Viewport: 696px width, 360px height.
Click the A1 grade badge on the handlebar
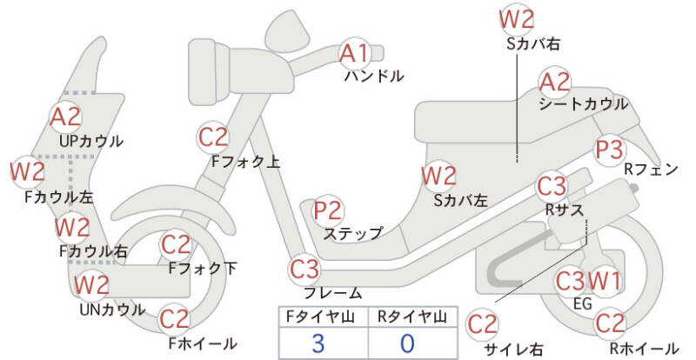[355, 53]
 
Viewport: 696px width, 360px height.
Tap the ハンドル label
[374, 77]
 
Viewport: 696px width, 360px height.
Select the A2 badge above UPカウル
[66, 117]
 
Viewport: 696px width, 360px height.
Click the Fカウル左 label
[59, 197]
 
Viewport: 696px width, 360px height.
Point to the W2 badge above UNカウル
[91, 285]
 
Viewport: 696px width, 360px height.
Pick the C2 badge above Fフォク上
[213, 137]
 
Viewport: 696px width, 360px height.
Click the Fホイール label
[203, 343]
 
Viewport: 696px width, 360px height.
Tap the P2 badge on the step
[328, 210]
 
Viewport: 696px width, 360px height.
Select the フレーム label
[333, 293]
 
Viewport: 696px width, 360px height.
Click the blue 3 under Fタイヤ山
[318, 343]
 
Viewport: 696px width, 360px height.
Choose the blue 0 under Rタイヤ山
[407, 343]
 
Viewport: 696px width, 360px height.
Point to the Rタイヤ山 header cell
[412, 317]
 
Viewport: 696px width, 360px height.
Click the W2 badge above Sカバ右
[516, 19]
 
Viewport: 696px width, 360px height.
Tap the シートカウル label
[584, 104]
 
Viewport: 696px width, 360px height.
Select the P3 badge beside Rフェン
[609, 150]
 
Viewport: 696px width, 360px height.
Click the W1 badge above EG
[604, 281]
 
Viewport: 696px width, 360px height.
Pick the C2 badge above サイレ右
[483, 324]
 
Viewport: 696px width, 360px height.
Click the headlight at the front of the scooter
[208, 71]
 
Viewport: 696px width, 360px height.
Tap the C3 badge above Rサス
[552, 187]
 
